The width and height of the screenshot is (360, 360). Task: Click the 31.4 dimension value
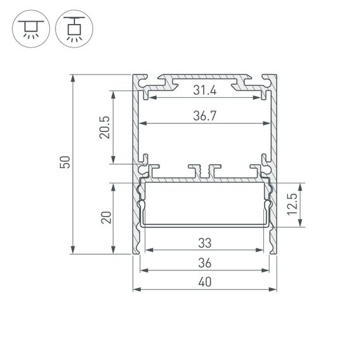(205, 91)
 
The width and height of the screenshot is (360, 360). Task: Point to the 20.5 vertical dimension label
(105, 127)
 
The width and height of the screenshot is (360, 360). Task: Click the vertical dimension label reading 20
(105, 218)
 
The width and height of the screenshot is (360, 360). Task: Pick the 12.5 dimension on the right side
(292, 205)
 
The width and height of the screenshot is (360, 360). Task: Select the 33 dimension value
(205, 243)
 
